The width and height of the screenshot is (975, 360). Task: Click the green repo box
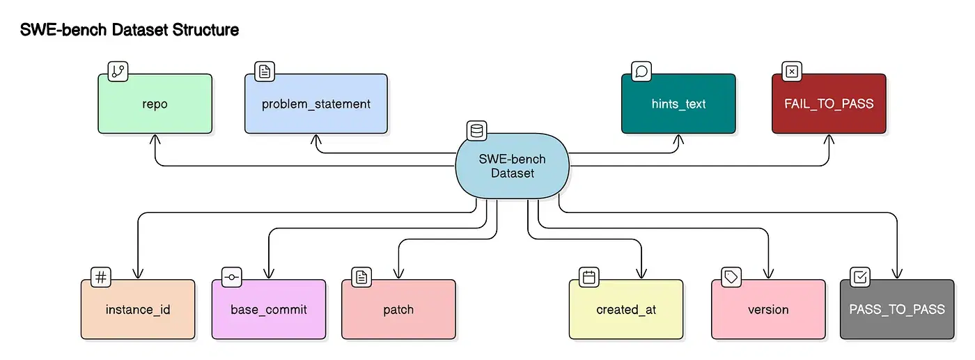pyautogui.click(x=155, y=104)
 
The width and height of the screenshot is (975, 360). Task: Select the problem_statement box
pyautogui.click(x=315, y=104)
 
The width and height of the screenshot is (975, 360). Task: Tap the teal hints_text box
pyautogui.click(x=678, y=104)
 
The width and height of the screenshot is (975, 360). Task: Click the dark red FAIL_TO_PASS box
pyautogui.click(x=829, y=104)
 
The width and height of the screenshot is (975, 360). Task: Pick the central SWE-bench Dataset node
pyautogui.click(x=512, y=166)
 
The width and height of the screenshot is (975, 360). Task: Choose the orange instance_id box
pyautogui.click(x=138, y=309)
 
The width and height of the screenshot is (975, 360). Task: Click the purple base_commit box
pyautogui.click(x=268, y=309)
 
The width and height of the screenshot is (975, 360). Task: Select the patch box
pyautogui.click(x=398, y=309)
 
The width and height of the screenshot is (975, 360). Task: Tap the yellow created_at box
pyautogui.click(x=626, y=309)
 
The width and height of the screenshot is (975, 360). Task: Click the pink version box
pyautogui.click(x=768, y=309)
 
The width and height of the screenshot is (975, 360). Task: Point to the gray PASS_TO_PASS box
pyautogui.click(x=896, y=309)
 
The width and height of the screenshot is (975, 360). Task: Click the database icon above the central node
pyautogui.click(x=476, y=131)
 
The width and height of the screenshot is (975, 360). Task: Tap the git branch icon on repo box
pyautogui.click(x=118, y=71)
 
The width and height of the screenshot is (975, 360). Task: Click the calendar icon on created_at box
pyautogui.click(x=589, y=277)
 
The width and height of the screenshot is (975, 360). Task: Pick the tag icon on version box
pyautogui.click(x=731, y=277)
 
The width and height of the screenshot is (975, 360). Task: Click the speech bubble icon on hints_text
pyautogui.click(x=641, y=71)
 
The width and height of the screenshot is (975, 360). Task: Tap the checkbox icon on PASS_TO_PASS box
pyautogui.click(x=860, y=277)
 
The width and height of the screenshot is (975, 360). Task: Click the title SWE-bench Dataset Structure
pyautogui.click(x=130, y=30)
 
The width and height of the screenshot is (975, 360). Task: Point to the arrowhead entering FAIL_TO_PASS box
pyautogui.click(x=829, y=138)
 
